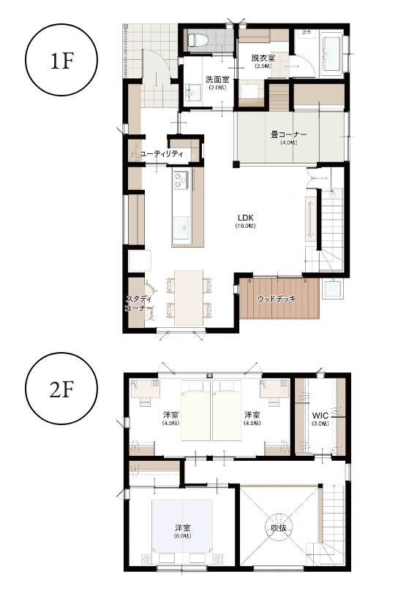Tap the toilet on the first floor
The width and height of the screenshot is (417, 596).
(x=198, y=39)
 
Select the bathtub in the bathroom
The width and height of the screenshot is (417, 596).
(x=333, y=53)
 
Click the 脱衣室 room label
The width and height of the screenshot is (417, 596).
(x=263, y=58)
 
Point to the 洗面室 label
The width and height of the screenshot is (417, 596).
(x=217, y=80)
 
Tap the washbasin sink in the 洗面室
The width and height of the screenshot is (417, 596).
(x=193, y=93)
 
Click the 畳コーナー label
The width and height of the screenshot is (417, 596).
(x=289, y=134)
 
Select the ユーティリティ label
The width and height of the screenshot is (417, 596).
(x=162, y=154)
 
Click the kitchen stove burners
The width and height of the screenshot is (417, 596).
(x=181, y=180)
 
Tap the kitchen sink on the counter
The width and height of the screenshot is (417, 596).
(x=181, y=228)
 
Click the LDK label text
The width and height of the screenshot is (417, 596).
(x=246, y=218)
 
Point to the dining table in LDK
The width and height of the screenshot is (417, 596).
(x=189, y=297)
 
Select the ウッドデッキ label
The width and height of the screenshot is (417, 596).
(x=277, y=299)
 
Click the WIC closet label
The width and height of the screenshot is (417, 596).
(x=320, y=415)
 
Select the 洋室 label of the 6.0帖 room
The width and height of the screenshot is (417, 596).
(x=183, y=527)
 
